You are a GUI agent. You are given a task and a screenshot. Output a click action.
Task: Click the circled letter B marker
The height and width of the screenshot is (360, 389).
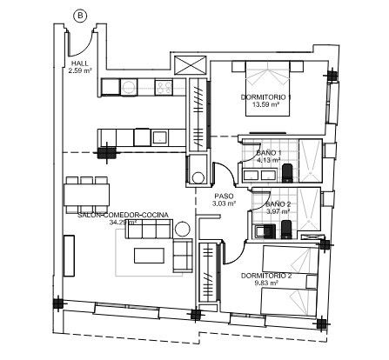click(80, 15)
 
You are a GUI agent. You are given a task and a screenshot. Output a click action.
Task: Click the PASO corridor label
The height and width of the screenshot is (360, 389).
click(224, 197)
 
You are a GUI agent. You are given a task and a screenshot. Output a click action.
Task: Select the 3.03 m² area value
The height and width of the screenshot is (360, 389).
click(224, 205)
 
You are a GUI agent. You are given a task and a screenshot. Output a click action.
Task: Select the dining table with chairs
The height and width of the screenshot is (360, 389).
click(86, 190)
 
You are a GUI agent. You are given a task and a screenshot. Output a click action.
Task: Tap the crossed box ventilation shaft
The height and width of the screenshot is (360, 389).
click(187, 64)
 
